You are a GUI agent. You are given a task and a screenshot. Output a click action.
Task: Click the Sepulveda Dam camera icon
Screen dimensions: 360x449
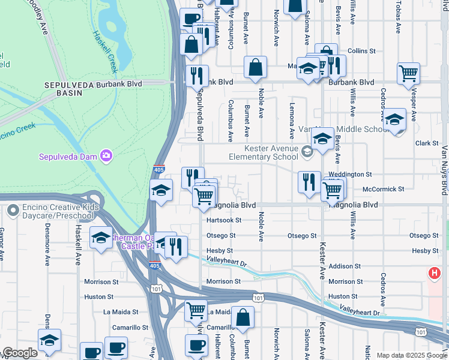tap(106, 157)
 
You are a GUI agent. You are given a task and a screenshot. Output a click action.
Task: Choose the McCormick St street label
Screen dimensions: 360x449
tap(384, 189)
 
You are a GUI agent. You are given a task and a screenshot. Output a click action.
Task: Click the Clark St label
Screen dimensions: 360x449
tap(427, 143)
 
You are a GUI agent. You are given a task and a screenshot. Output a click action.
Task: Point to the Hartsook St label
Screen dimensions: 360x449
tap(223, 220)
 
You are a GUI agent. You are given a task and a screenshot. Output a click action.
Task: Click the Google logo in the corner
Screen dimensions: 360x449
tap(19, 353)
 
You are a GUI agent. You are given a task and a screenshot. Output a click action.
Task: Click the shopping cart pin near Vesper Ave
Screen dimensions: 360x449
tap(408, 73)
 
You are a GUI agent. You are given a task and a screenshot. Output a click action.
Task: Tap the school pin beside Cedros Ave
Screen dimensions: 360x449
tap(394, 119)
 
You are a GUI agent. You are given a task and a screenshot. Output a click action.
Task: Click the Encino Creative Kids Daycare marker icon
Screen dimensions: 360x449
tap(13, 211)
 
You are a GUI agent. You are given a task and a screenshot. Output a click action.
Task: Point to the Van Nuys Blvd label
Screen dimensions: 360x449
tap(444, 170)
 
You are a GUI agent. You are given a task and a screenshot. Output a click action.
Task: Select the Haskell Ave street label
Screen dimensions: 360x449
tap(78, 250)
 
